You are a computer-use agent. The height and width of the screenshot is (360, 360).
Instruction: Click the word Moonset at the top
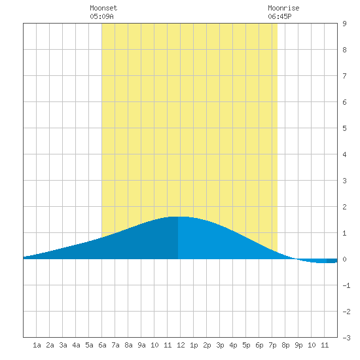(x=103, y=8)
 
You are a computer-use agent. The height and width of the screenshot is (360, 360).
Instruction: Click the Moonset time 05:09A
(x=101, y=16)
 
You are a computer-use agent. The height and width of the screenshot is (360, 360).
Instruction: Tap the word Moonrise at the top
(x=283, y=8)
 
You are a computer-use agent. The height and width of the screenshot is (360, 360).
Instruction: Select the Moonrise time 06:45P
(x=279, y=16)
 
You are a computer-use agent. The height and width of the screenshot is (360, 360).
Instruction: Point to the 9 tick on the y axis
(x=344, y=24)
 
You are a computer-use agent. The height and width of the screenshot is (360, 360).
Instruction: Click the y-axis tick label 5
(x=344, y=128)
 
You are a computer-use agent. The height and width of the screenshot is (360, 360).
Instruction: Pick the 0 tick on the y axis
(x=344, y=259)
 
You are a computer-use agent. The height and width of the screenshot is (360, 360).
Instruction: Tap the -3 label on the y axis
(x=346, y=338)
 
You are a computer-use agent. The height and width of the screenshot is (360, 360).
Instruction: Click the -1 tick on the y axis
(x=346, y=285)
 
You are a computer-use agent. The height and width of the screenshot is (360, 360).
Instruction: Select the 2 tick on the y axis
(x=344, y=207)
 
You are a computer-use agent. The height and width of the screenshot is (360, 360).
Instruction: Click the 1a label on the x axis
(x=37, y=345)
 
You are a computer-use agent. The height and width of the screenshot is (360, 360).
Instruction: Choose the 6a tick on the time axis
(x=102, y=345)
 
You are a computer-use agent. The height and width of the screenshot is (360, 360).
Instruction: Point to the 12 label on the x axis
(x=181, y=345)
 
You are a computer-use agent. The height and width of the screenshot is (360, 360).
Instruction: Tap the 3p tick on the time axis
(x=220, y=345)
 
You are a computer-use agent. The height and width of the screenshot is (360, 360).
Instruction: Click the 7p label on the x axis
(x=272, y=345)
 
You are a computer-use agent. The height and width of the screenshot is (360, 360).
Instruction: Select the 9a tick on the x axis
(x=141, y=345)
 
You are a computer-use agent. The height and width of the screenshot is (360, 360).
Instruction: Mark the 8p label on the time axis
(x=285, y=345)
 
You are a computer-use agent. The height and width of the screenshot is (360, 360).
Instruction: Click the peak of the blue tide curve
(x=178, y=217)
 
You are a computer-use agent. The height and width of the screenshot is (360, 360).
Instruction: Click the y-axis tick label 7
(x=344, y=76)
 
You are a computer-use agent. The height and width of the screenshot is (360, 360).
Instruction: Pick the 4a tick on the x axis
(x=76, y=345)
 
